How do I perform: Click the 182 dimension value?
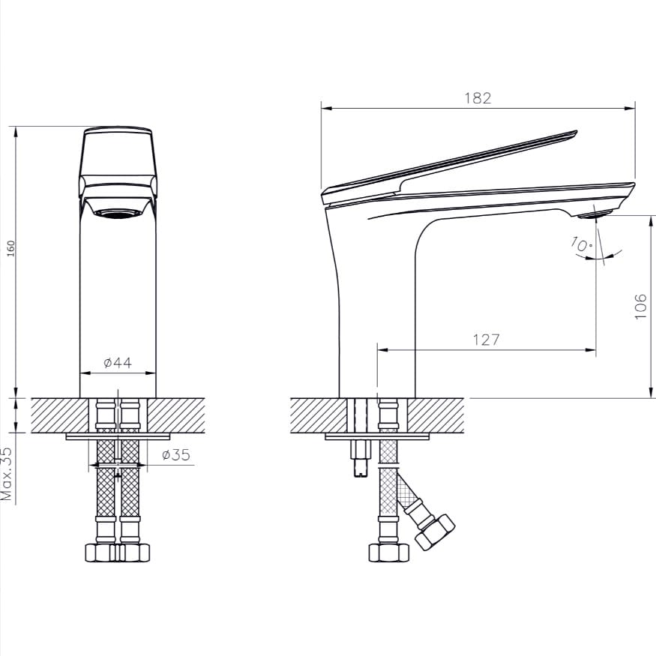478,98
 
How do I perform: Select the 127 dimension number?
486,340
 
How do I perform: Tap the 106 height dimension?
640,306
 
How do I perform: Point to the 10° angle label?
581,244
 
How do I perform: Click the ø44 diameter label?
118,362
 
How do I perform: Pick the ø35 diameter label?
175,454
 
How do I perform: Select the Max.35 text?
7,474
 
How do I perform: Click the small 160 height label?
11,248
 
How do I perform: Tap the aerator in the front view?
117,214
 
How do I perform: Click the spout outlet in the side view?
595,214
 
